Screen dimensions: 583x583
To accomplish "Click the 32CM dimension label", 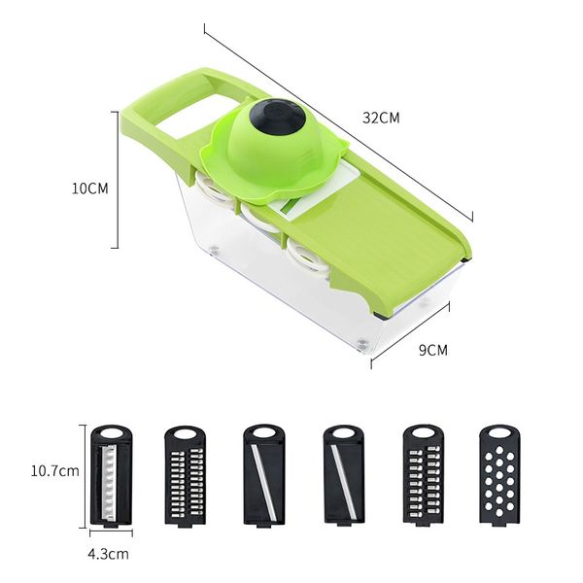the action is tap(381, 118).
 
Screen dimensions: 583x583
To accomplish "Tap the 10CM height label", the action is tap(90, 189).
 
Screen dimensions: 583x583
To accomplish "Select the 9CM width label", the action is tap(433, 350).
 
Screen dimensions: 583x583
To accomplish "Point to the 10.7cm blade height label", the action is tap(55, 471).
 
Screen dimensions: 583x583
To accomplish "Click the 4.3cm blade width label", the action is tap(108, 554).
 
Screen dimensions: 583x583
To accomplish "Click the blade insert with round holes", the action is tap(499, 475).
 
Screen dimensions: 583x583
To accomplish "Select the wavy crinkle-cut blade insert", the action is tap(112, 476).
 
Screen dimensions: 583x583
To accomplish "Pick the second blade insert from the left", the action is tap(185, 476).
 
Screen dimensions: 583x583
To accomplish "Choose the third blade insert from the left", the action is tap(264, 475).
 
